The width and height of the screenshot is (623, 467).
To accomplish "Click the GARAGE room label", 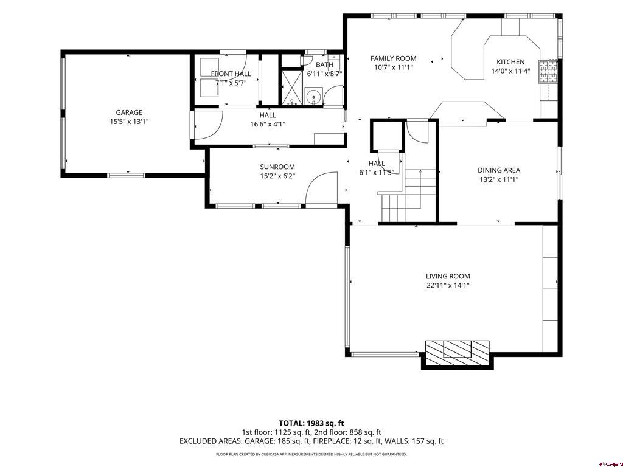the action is (x=129, y=112).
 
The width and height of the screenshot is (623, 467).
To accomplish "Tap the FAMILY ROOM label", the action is (x=394, y=58).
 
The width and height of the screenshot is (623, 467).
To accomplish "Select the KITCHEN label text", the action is (x=510, y=62).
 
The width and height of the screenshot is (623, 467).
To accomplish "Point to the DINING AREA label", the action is (x=499, y=170).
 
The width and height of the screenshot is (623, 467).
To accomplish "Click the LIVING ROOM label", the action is (x=448, y=277).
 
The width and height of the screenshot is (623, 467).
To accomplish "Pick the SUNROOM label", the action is (x=277, y=167).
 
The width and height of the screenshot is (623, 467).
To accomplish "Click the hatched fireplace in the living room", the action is (x=458, y=353).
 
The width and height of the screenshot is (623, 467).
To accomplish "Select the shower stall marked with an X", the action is (x=291, y=88).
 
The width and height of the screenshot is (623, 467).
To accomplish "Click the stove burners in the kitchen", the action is (x=548, y=72).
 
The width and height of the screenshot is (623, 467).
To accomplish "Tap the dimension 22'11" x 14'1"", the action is (x=448, y=285).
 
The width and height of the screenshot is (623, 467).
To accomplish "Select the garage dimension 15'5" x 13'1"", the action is (x=129, y=122).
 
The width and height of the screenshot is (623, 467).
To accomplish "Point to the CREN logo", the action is (x=611, y=464).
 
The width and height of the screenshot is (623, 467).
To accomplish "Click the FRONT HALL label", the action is (x=231, y=74).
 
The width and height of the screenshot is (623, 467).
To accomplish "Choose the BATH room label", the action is (x=325, y=64).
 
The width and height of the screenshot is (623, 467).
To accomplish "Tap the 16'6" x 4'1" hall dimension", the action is (x=268, y=124).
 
